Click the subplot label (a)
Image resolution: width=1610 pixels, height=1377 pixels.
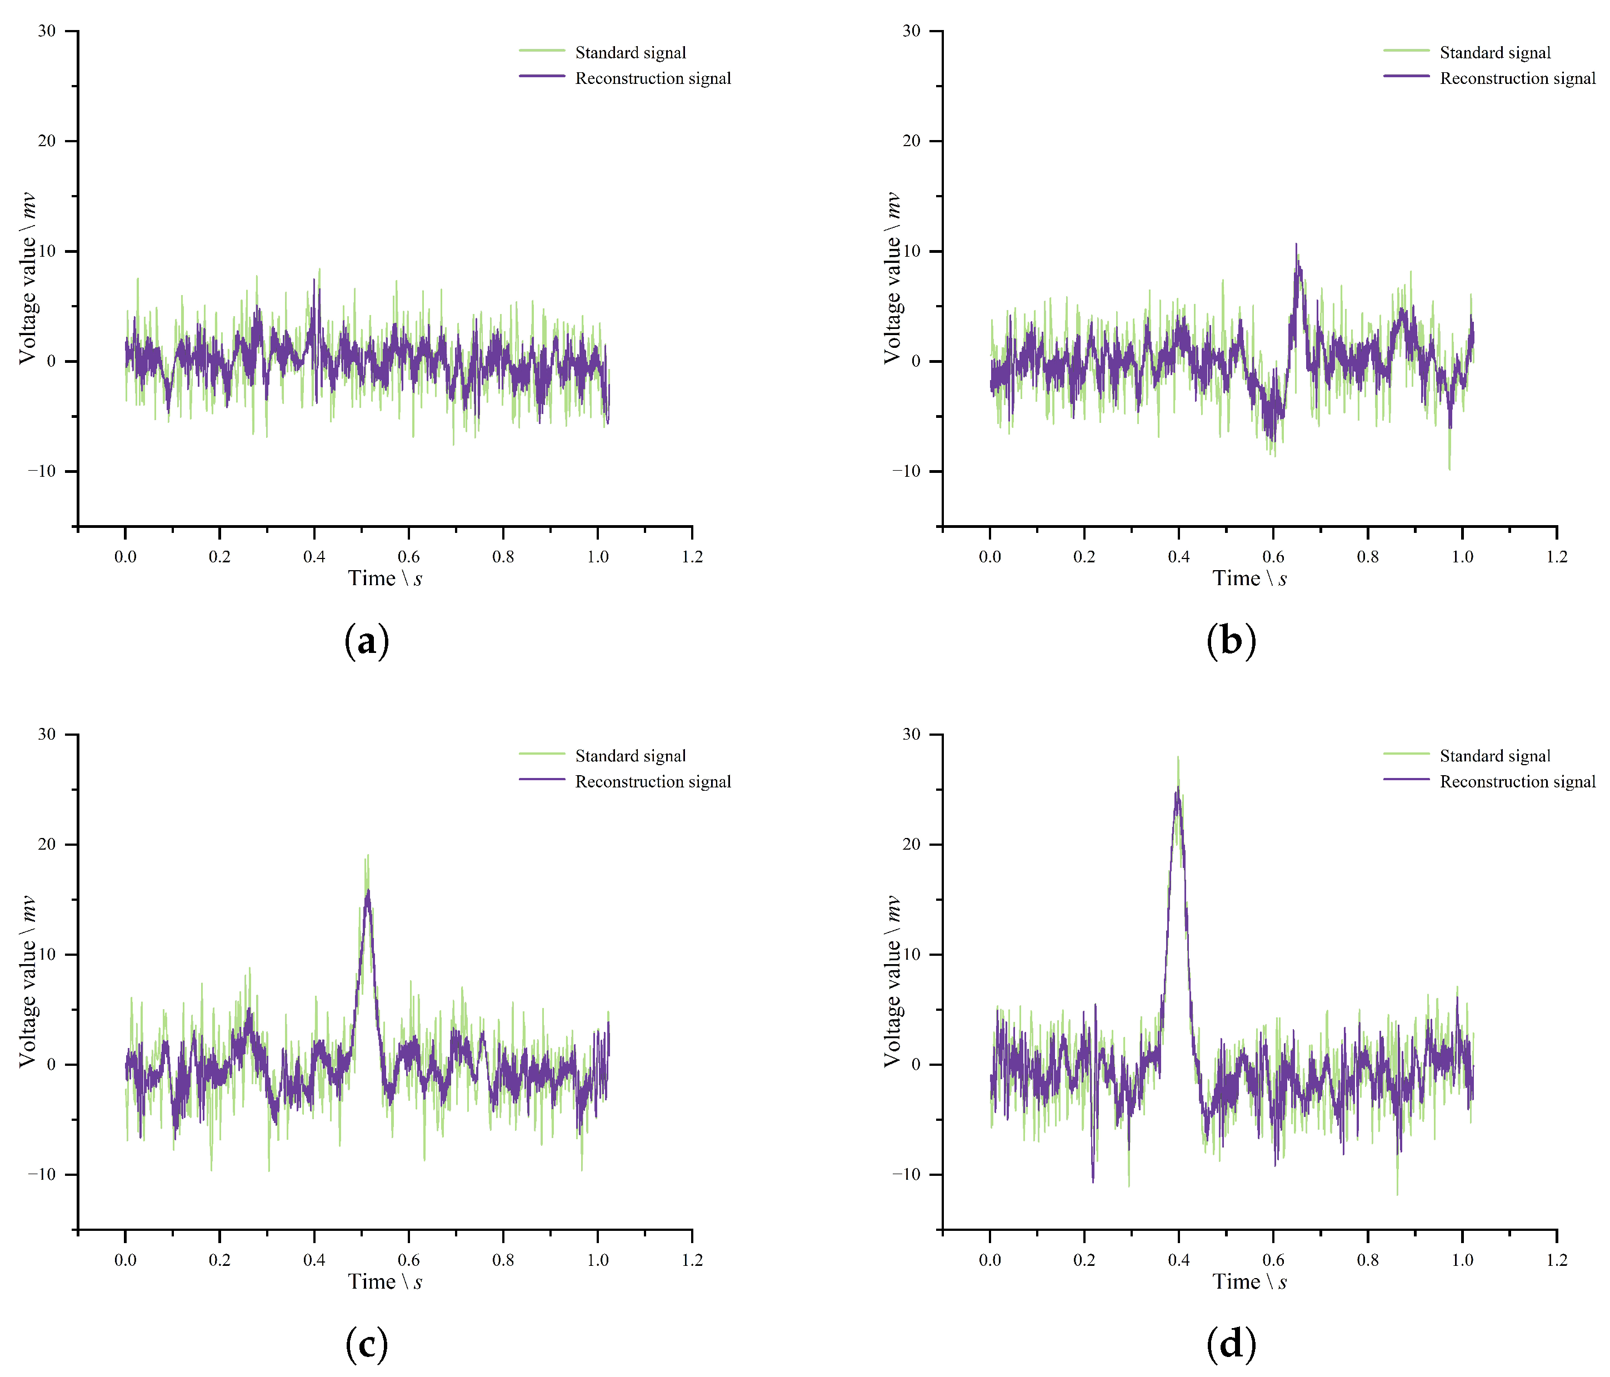click(366, 641)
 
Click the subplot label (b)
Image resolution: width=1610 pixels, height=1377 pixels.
click(1231, 641)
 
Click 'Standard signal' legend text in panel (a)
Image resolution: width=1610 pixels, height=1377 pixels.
click(630, 53)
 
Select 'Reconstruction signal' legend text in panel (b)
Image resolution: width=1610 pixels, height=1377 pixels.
click(1517, 78)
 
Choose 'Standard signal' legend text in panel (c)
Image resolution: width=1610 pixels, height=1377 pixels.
click(630, 756)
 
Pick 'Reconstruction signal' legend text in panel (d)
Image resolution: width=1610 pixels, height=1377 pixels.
click(1517, 782)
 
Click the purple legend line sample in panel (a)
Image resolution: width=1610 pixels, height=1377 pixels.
click(542, 76)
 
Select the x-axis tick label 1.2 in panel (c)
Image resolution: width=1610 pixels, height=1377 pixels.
click(692, 1260)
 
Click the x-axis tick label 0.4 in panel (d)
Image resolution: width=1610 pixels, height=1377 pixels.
click(1179, 1260)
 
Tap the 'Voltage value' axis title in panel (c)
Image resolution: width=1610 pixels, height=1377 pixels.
click(29, 981)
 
